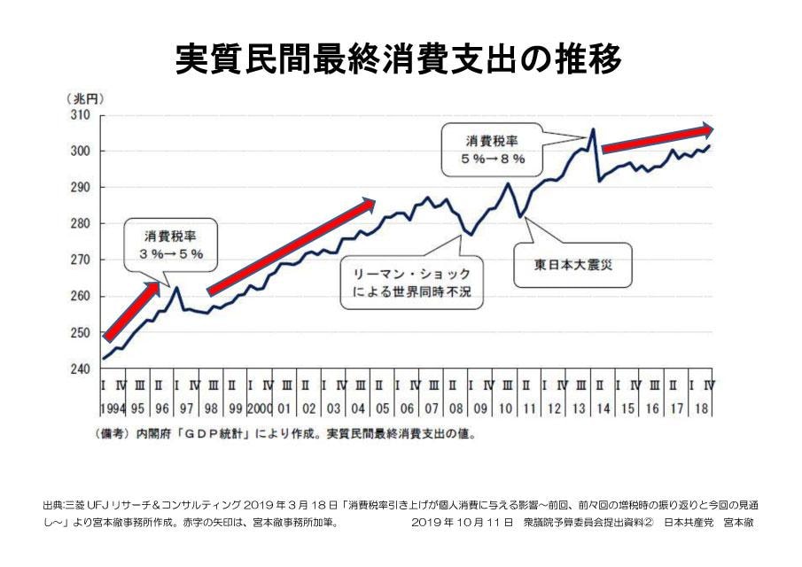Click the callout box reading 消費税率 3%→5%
171,245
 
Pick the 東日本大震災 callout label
565,262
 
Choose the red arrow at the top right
658,138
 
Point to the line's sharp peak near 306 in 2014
592,130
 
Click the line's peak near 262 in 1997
176,287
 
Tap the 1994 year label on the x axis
113,410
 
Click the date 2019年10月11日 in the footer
462,522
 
